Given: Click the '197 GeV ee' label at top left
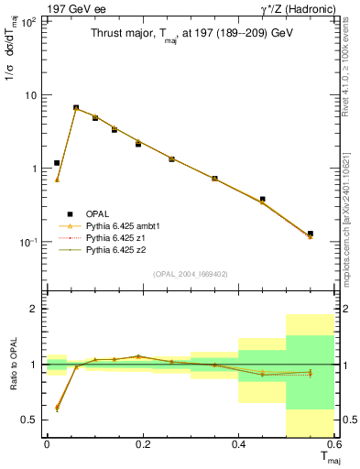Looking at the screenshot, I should tap(74, 8).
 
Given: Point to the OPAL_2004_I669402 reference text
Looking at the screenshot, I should tap(195, 273).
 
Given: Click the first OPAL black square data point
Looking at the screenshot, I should tap(57, 163).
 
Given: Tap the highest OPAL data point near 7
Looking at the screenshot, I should tap(76, 107).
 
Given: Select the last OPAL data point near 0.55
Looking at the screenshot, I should tap(311, 234).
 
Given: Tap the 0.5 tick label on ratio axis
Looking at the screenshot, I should tap(32, 420).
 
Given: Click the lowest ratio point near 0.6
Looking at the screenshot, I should tap(57, 408).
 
